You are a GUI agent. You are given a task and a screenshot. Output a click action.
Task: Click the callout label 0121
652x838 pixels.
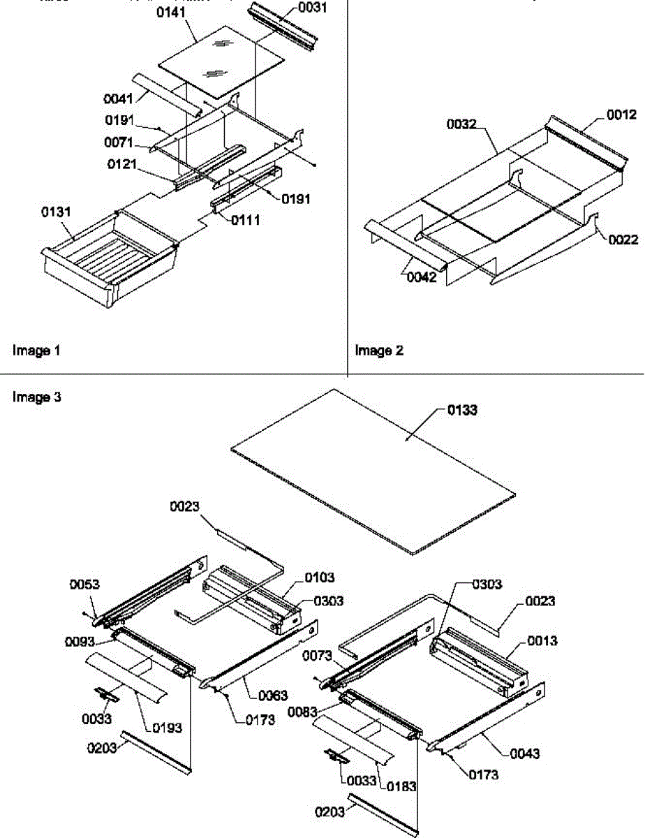click(x=122, y=164)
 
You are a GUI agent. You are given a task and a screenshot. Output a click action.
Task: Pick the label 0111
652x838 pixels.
click(x=246, y=220)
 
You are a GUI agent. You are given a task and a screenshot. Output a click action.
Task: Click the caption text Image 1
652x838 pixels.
click(x=36, y=351)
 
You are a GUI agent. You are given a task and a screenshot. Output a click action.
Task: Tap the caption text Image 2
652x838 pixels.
click(x=379, y=351)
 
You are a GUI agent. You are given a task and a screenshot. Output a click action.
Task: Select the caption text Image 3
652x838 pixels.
click(x=36, y=397)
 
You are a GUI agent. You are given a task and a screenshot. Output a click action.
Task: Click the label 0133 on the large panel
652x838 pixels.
click(x=462, y=410)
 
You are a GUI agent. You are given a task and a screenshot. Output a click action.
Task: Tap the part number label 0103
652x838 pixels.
click(x=319, y=578)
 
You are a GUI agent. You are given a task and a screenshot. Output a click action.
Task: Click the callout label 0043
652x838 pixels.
click(x=524, y=754)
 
